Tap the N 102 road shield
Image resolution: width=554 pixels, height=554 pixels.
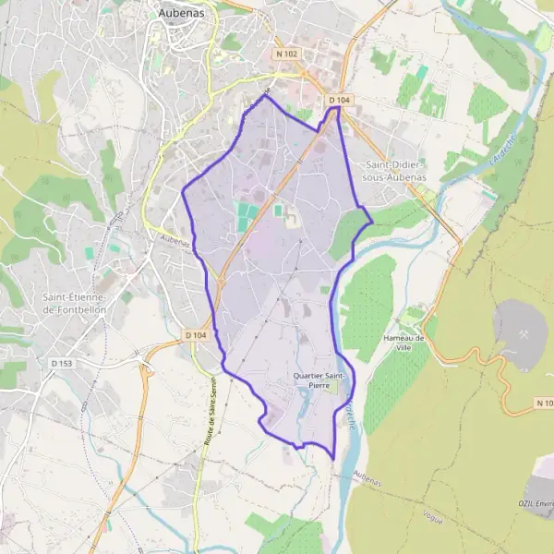tap(287, 54)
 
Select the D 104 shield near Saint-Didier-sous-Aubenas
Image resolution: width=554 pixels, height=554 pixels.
tap(337, 99)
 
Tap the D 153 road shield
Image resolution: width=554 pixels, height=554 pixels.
tap(62, 364)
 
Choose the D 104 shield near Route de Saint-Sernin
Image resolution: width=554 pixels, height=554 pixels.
tap(195, 335)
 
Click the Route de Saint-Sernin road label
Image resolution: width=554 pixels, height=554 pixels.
tap(211, 412)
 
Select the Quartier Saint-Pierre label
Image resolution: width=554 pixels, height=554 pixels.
tap(319, 382)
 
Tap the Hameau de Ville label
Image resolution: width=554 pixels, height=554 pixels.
tap(403, 343)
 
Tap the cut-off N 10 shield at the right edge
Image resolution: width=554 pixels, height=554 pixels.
tap(544, 403)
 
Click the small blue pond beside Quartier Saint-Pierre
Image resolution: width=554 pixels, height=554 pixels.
tap(306, 401)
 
